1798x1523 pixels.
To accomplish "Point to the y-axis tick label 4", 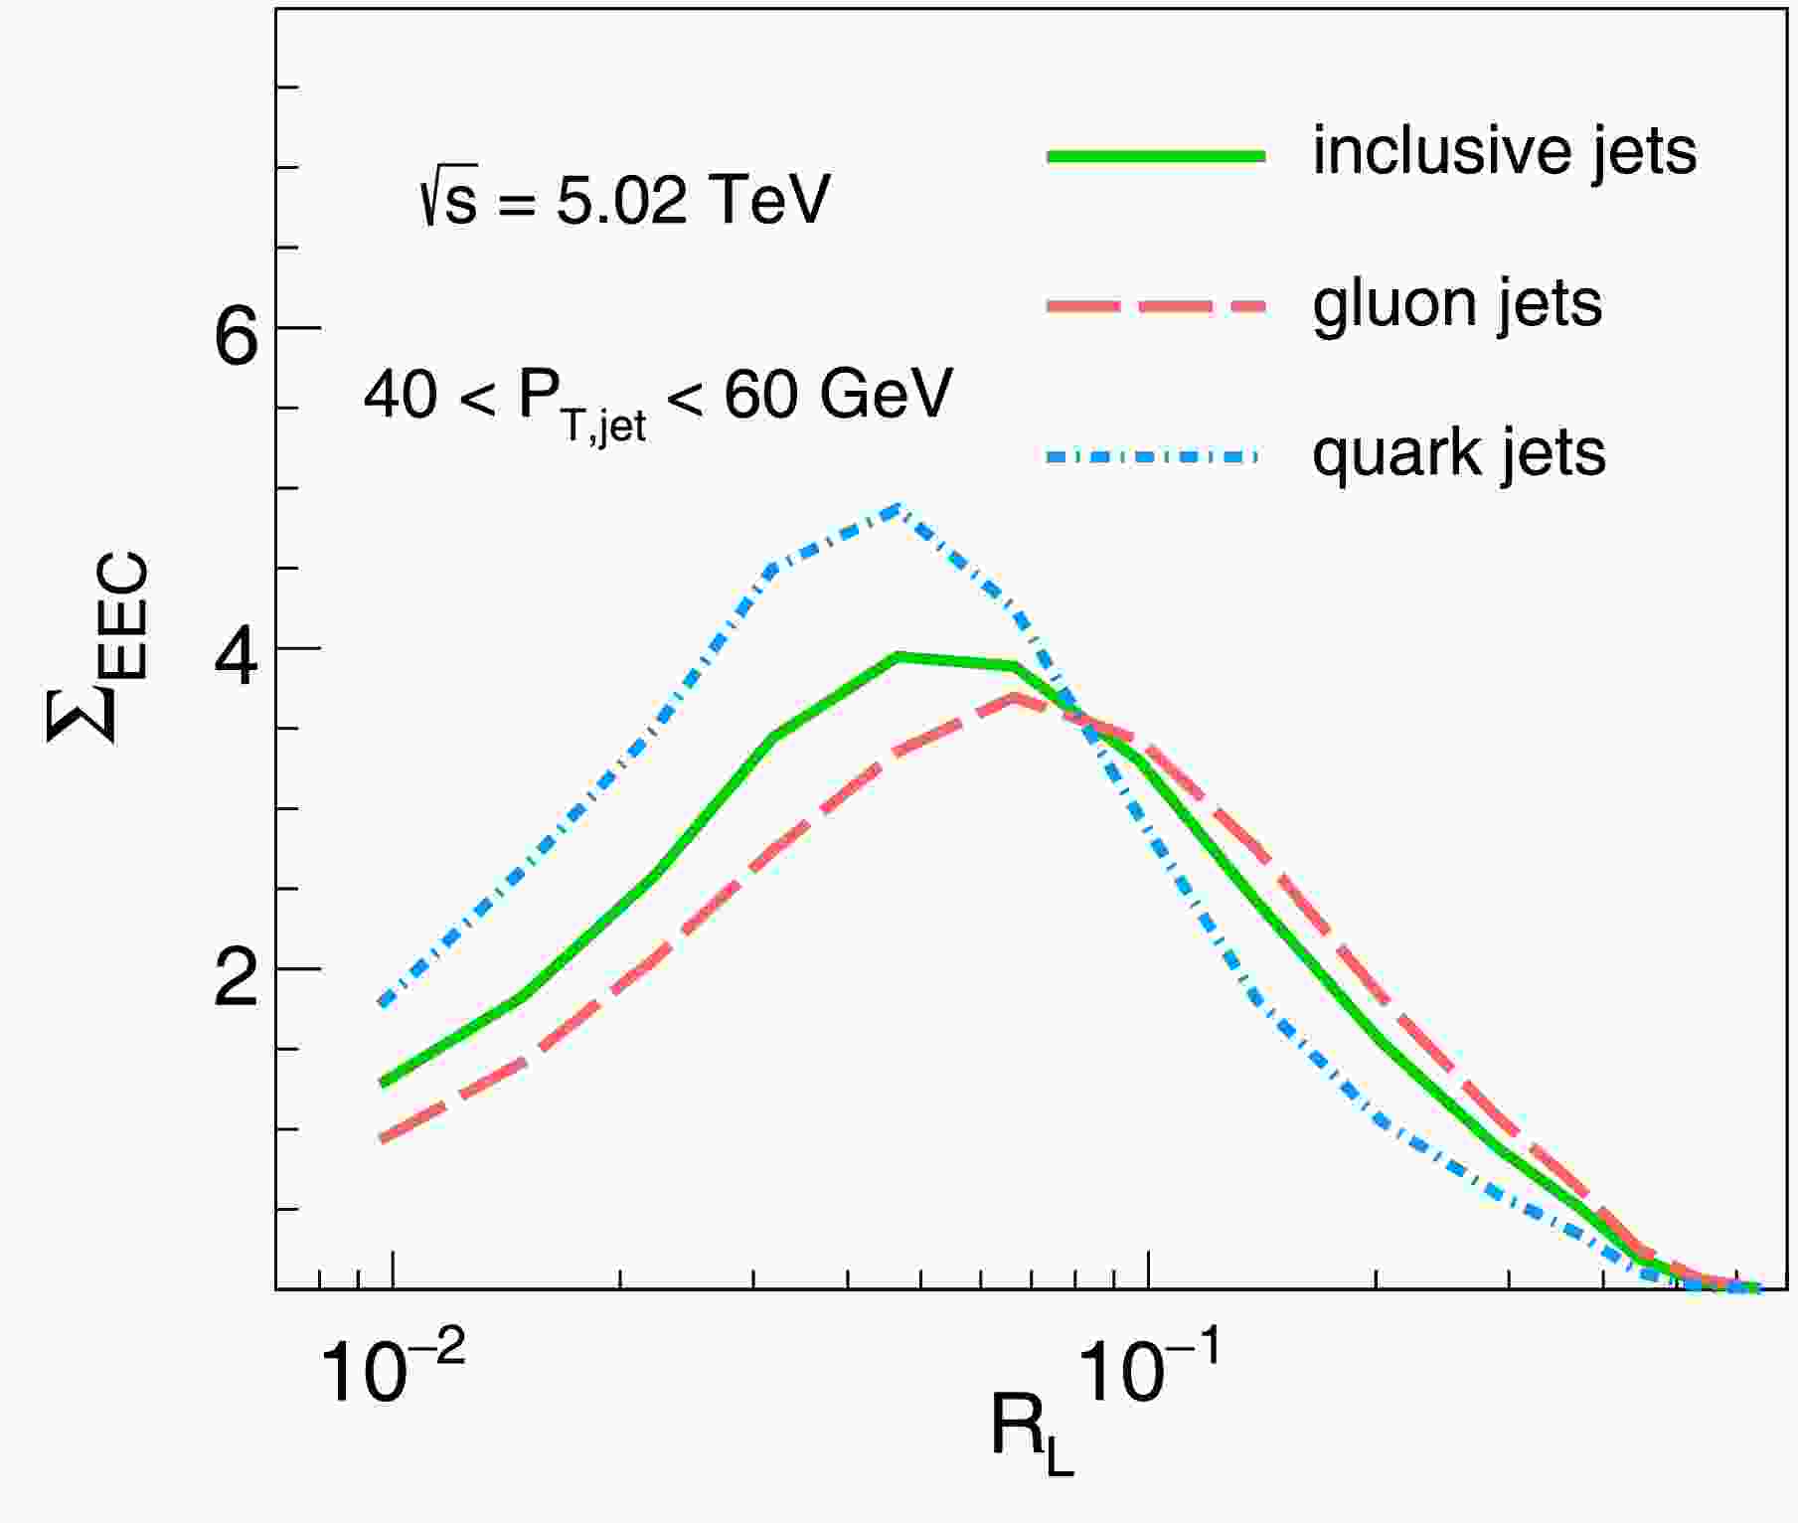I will [237, 660].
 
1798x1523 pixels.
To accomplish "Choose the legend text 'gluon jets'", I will [1457, 304].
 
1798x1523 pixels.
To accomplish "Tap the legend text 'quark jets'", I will [1458, 455].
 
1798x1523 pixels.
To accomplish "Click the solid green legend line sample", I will [1155, 155].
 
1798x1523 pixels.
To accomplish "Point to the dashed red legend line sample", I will [1155, 306].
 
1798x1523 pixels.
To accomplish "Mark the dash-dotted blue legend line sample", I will [1153, 457].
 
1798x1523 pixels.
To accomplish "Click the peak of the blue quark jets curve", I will [898, 509].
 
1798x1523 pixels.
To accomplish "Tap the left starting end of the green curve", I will [382, 1083].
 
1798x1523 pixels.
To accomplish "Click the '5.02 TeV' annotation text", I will [693, 201].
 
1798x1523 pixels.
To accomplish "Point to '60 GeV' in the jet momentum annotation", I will [838, 395].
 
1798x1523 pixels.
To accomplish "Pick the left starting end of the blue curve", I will [382, 1003].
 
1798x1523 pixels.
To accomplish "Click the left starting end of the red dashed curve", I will [382, 1139].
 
